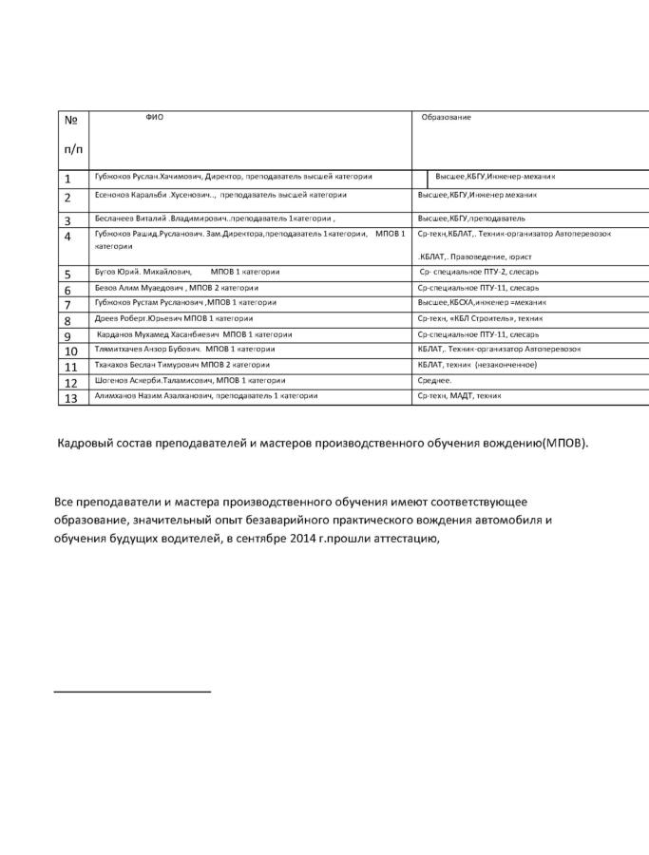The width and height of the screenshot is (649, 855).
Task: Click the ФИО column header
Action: pyautogui.click(x=154, y=117)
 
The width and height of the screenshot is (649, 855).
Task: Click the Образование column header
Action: pyautogui.click(x=447, y=117)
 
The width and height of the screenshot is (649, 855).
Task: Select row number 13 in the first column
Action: pyautogui.click(x=70, y=397)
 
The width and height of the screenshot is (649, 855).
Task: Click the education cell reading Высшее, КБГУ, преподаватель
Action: pyautogui.click(x=471, y=218)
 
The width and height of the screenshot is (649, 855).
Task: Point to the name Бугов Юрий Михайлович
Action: pyautogui.click(x=143, y=272)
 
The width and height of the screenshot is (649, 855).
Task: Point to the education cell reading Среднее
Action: pyautogui.click(x=434, y=380)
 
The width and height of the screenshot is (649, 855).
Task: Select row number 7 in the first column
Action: pyautogui.click(x=67, y=304)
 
